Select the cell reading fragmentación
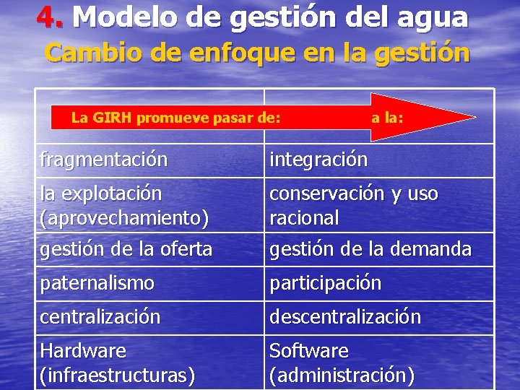pos(104,159)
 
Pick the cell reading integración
pos(318,159)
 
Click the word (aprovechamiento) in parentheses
pos(125,217)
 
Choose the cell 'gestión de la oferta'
pos(126,249)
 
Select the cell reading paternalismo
pos(97,283)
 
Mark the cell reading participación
pos(325,283)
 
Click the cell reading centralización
pos(100,317)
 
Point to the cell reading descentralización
pos(345,317)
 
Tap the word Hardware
pos(83,351)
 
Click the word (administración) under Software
pos(342,376)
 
